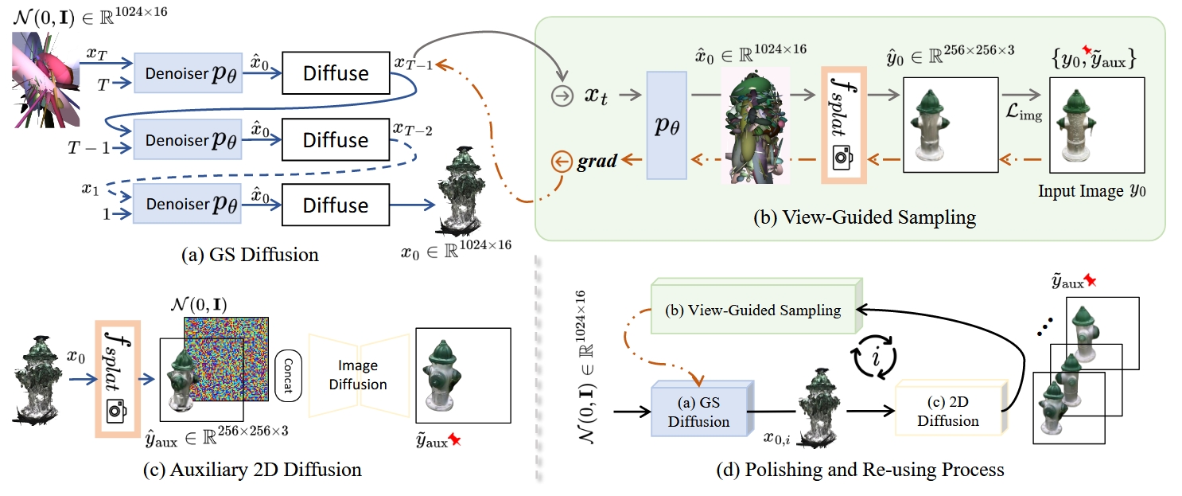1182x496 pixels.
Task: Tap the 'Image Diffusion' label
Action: (x=363, y=375)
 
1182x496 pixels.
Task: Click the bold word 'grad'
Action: (x=597, y=162)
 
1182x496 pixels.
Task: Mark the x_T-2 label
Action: (x=412, y=128)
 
